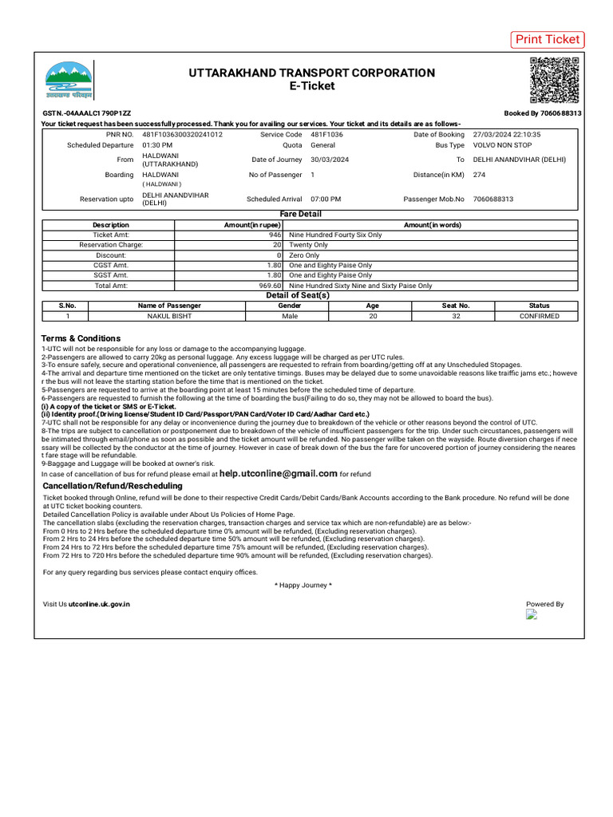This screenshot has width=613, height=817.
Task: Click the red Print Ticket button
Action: click(547, 40)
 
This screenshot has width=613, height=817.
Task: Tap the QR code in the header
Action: click(556, 81)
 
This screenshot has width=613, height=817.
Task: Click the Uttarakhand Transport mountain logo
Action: click(69, 81)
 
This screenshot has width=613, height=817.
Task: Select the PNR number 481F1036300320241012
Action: click(182, 135)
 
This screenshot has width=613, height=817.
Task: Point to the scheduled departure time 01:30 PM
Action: click(157, 146)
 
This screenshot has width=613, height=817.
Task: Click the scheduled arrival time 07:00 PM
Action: click(326, 199)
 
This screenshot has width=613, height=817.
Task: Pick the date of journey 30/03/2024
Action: click(330, 160)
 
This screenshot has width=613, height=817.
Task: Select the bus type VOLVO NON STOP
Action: click(503, 146)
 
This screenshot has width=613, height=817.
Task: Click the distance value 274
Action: click(480, 174)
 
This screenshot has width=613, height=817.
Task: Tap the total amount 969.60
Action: click(270, 285)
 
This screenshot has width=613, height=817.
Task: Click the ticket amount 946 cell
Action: click(275, 235)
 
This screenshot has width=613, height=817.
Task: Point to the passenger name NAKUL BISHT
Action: click(169, 316)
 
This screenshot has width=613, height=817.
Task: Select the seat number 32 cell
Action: click(456, 316)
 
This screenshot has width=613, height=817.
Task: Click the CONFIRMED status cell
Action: click(539, 316)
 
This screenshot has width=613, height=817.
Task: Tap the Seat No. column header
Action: click(456, 306)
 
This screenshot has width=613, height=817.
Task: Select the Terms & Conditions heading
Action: click(81, 338)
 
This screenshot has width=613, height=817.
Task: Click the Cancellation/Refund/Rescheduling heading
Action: click(112, 485)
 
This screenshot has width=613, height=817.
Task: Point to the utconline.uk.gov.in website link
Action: click(99, 604)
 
